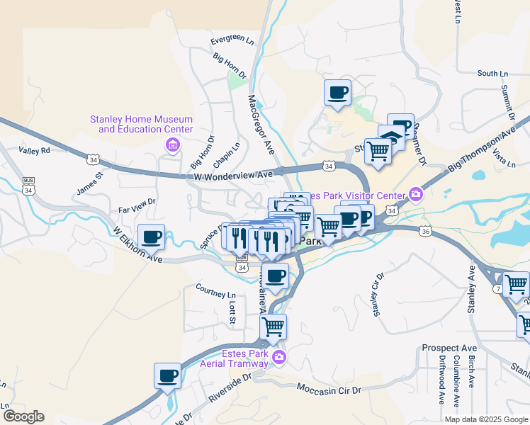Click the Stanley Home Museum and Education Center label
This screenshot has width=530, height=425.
pyautogui.click(x=141, y=124)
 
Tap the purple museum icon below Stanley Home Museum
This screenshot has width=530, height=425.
pyautogui.click(x=171, y=145)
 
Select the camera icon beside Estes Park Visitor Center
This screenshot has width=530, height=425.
pyautogui.click(x=416, y=194)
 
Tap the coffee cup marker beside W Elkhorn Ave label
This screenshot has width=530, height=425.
pyautogui.click(x=151, y=237)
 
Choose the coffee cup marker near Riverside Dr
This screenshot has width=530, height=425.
pyautogui.click(x=168, y=375)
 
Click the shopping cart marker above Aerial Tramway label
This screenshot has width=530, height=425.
pyautogui.click(x=273, y=327)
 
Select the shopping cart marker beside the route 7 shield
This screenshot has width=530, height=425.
pyautogui.click(x=515, y=285)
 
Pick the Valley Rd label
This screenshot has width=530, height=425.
pyautogui.click(x=35, y=151)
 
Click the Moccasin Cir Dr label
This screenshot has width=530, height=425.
pyautogui.click(x=329, y=390)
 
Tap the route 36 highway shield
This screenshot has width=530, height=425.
pyautogui.click(x=424, y=231)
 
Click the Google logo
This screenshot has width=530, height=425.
pyautogui.click(x=23, y=416)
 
